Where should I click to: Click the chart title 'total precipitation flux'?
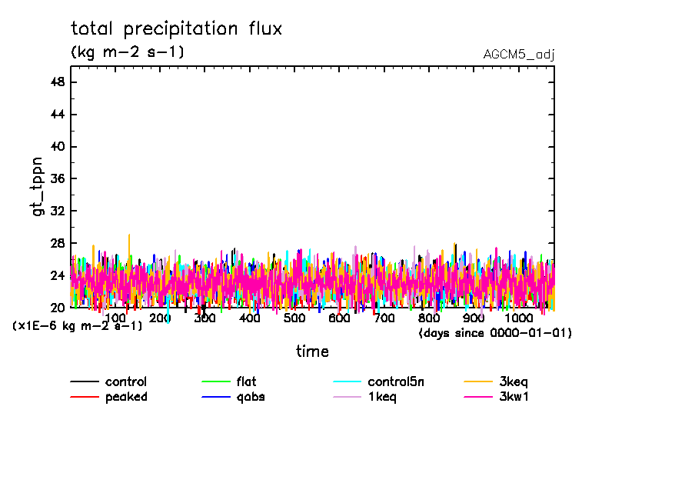pos(176,29)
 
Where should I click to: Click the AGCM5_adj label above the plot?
pos(519,55)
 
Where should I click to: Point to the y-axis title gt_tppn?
pos(39,187)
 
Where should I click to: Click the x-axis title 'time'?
pos(312,351)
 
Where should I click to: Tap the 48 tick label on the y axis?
pos(56,82)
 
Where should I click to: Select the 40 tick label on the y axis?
pos(56,147)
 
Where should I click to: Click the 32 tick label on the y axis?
pos(56,211)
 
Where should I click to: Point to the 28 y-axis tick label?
pos(56,243)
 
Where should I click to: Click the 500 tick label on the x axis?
pos(294,318)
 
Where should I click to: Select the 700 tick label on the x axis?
pos(384,318)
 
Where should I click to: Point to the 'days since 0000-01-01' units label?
pos(495,333)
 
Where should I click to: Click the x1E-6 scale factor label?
pos(77,326)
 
